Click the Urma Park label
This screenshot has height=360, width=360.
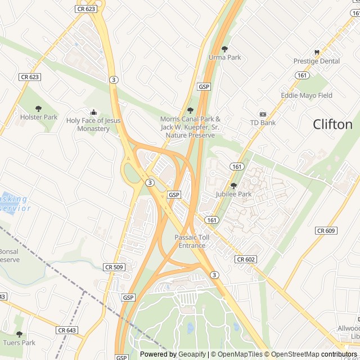[x=224, y=57]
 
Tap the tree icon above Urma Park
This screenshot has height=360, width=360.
[x=225, y=49]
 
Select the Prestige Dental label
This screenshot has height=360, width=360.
[x=317, y=61]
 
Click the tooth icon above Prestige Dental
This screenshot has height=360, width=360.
[x=317, y=52]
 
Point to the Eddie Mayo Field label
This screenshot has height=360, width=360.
[x=307, y=96]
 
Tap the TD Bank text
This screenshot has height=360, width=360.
[x=263, y=123]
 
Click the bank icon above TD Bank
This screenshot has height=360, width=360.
[x=263, y=114]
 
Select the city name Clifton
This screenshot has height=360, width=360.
[x=332, y=124]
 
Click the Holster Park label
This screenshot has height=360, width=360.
[x=39, y=117]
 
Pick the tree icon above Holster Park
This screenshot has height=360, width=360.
[x=39, y=109]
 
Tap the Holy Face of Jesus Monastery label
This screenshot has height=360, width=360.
[x=93, y=124]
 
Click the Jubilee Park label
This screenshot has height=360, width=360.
[x=233, y=194]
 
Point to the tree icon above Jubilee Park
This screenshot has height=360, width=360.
[x=233, y=186]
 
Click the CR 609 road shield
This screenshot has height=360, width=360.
[x=326, y=231]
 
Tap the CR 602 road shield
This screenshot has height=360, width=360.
[x=246, y=259]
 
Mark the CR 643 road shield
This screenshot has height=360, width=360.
[x=67, y=330]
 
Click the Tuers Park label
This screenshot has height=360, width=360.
[x=19, y=343]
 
